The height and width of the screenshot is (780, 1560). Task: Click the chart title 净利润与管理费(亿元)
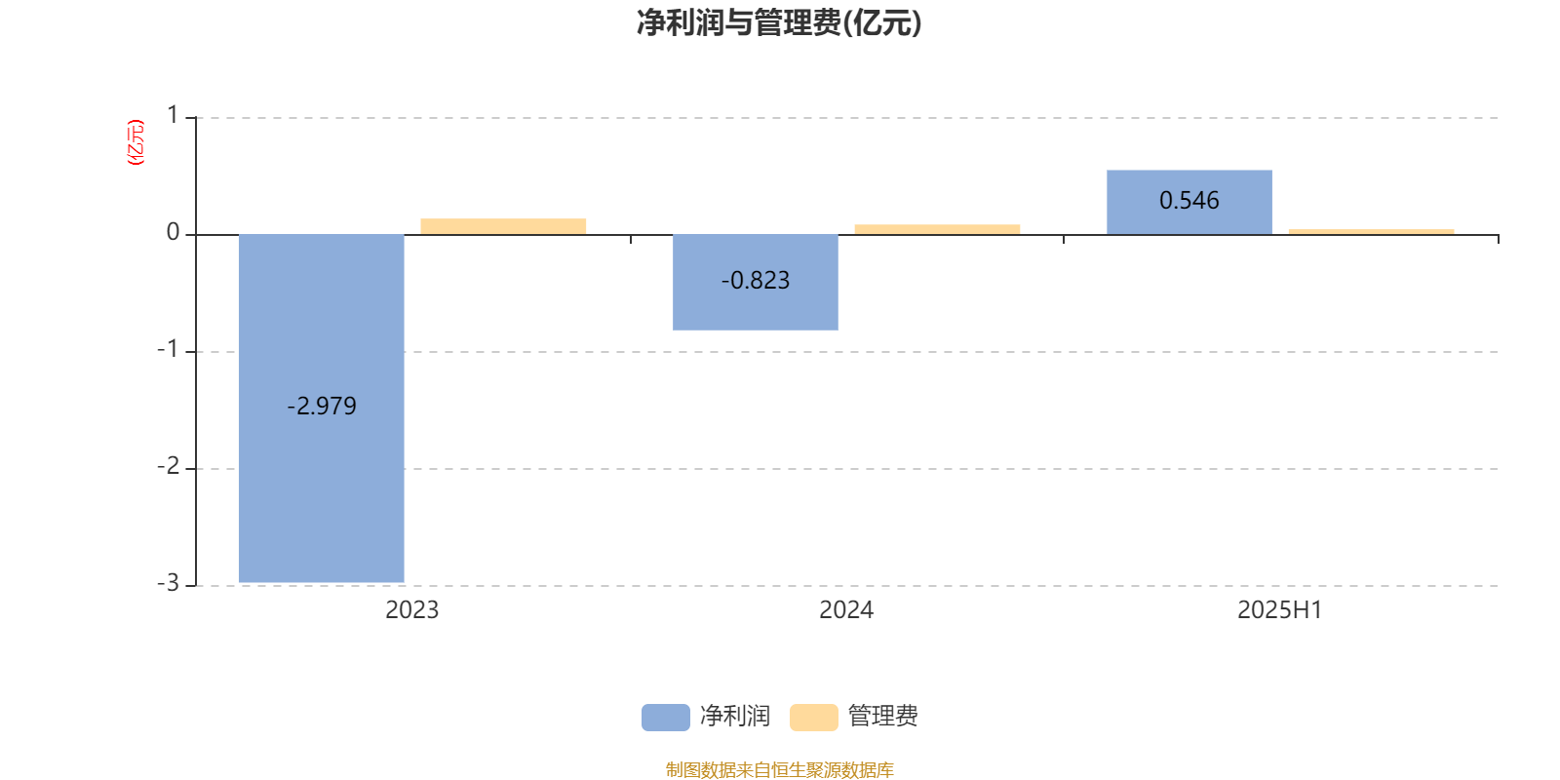pyautogui.click(x=779, y=22)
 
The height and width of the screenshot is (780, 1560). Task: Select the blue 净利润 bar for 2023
pyautogui.click(x=321, y=409)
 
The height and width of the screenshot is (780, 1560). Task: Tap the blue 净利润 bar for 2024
pyautogui.click(x=755, y=282)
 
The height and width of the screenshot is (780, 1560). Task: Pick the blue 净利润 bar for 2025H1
pyautogui.click(x=1189, y=202)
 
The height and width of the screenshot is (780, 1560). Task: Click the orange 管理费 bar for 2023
pyautogui.click(x=503, y=226)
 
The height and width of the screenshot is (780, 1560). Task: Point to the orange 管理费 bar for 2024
pyautogui.click(x=937, y=229)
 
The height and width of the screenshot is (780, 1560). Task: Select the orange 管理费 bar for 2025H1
pyautogui.click(x=1371, y=232)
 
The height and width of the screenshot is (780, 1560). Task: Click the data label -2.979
pyautogui.click(x=322, y=406)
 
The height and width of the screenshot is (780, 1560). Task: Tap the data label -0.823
pyautogui.click(x=756, y=280)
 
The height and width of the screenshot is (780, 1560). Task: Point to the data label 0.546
pyautogui.click(x=1189, y=201)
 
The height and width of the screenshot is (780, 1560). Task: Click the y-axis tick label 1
pyautogui.click(x=173, y=115)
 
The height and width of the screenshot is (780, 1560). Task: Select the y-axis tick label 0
pyautogui.click(x=173, y=232)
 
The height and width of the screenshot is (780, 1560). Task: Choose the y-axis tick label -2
pyautogui.click(x=169, y=466)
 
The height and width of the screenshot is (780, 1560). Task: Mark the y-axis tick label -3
pyautogui.click(x=169, y=583)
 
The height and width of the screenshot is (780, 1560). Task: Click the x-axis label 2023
pyautogui.click(x=412, y=610)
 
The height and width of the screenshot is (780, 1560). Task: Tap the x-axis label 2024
pyautogui.click(x=846, y=610)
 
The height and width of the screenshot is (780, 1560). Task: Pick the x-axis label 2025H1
pyautogui.click(x=1280, y=610)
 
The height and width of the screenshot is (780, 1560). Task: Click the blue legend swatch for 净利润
pyautogui.click(x=666, y=718)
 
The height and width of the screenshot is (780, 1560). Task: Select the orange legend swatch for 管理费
pyautogui.click(x=813, y=718)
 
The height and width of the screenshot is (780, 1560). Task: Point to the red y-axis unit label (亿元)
pyautogui.click(x=136, y=142)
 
